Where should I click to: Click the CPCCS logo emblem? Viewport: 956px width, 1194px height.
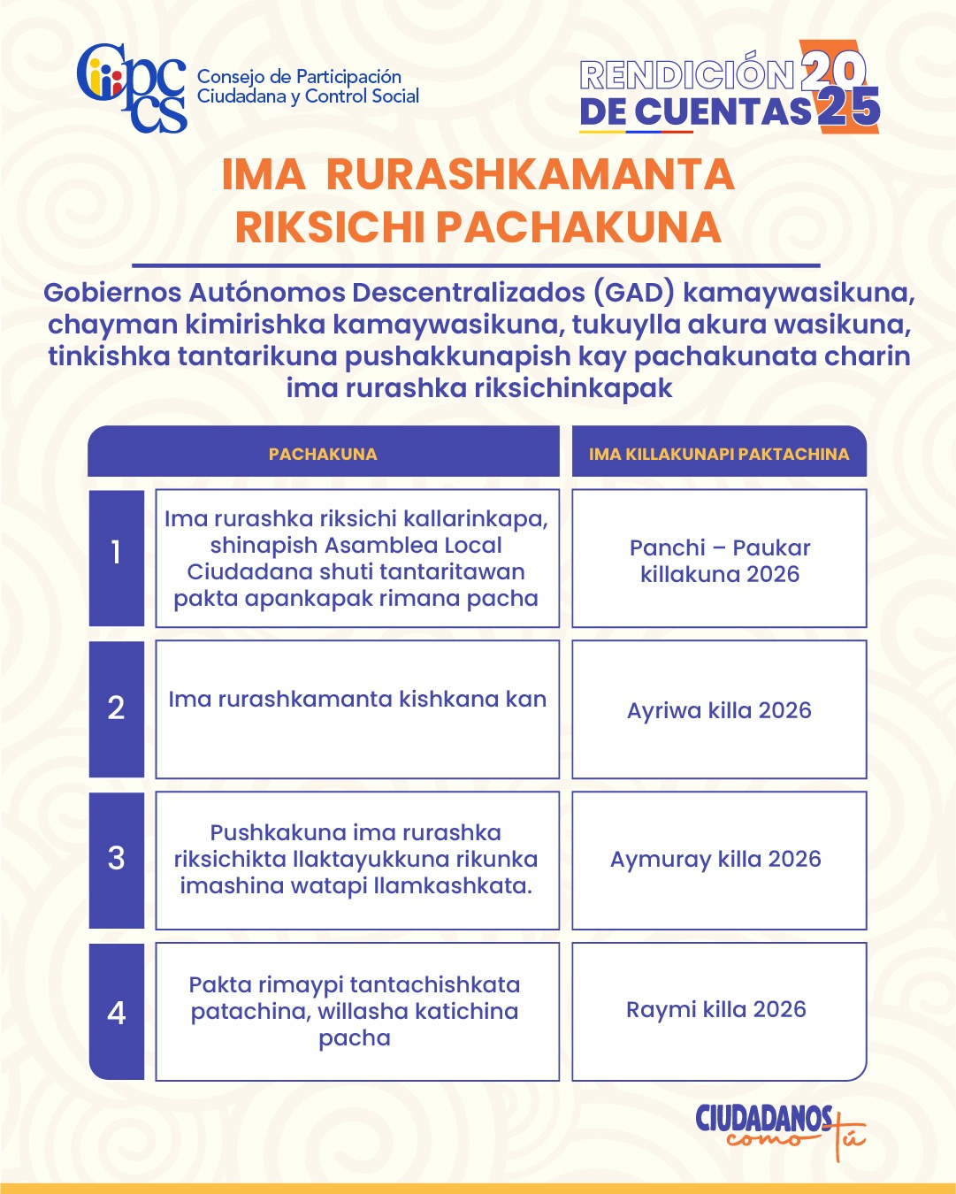tap(131, 87)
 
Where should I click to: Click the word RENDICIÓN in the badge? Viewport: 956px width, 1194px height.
tap(687, 74)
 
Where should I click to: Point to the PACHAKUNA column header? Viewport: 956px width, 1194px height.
tap(323, 454)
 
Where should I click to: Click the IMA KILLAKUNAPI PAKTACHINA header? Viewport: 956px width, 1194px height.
tap(719, 454)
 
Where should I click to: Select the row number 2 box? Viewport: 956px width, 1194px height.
tap(116, 708)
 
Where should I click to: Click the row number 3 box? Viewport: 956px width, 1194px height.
tap(116, 859)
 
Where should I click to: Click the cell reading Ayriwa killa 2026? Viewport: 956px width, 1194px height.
tap(719, 710)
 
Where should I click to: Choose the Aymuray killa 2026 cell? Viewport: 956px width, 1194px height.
tap(715, 859)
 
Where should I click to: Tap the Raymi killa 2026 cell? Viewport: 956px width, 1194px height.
tap(716, 1010)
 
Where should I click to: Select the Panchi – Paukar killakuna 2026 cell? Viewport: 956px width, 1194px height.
tap(720, 561)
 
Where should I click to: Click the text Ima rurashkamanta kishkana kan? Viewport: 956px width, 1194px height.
tap(357, 699)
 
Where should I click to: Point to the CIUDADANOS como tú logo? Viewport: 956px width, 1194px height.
tap(778, 1129)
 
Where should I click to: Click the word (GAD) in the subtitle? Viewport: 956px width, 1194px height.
tap(633, 293)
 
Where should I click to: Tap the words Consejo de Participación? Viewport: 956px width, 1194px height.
tap(299, 77)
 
